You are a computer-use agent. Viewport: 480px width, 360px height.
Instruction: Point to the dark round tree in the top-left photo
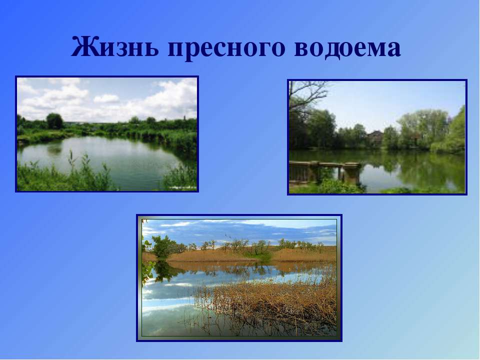click(x=54, y=120)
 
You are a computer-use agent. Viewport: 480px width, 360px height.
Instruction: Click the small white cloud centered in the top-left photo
click(x=106, y=98)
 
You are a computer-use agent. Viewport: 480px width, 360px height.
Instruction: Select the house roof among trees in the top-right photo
click(x=375, y=134)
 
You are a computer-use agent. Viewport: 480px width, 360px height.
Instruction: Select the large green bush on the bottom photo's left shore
click(x=163, y=246)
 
